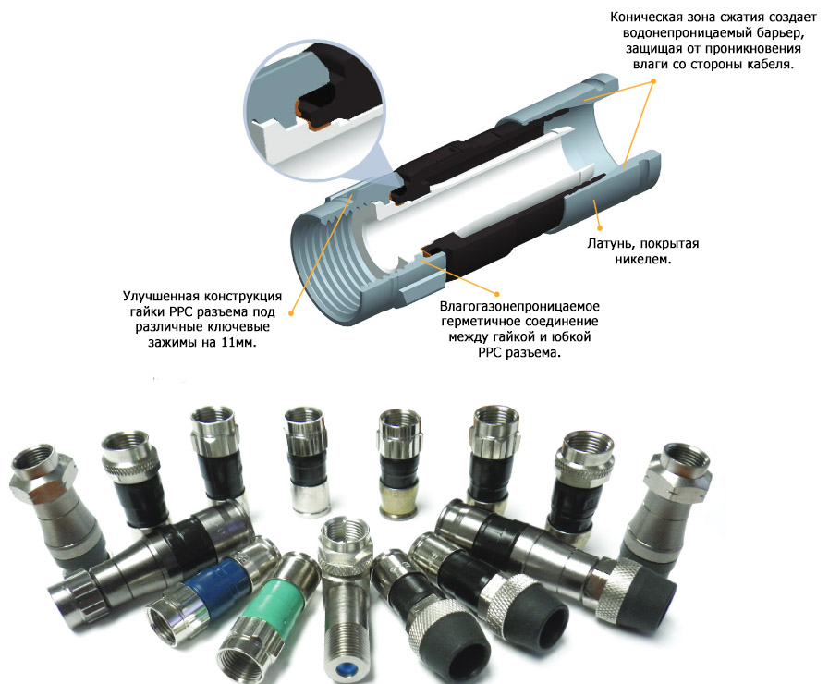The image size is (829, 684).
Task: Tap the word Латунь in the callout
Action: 610,244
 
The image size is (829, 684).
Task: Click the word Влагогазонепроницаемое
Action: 519,306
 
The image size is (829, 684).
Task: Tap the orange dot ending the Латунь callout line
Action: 600,228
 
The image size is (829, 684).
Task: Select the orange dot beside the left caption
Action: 290,313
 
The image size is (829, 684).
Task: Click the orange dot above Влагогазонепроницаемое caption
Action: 496,293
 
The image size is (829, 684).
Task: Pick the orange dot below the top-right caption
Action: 653,81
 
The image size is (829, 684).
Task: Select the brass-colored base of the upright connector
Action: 399,499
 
